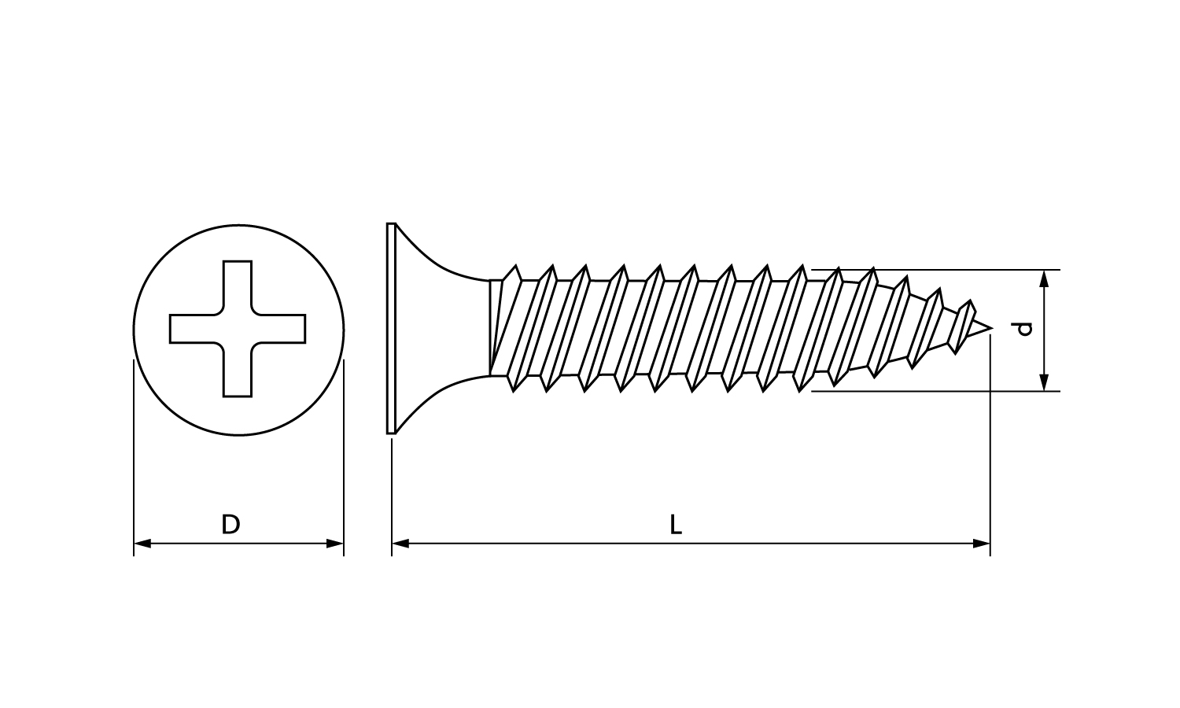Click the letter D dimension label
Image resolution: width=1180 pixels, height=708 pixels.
tap(230, 524)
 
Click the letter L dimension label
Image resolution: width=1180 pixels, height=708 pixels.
tap(676, 525)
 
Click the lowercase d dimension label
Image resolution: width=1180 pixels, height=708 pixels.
tap(1023, 329)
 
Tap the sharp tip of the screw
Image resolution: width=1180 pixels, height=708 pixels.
tap(992, 329)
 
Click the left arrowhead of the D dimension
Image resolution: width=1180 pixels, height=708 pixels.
tap(142, 543)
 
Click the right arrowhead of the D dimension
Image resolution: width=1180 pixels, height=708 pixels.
tap(335, 543)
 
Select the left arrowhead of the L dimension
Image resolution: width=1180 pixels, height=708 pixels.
tap(400, 543)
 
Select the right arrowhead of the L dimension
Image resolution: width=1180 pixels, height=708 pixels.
tap(982, 543)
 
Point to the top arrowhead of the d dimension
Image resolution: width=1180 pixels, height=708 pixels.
tap(1045, 278)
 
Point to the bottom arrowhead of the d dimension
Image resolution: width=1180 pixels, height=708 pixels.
tap(1045, 382)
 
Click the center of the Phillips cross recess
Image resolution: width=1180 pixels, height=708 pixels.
tap(238, 329)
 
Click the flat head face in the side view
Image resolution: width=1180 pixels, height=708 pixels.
tap(391, 329)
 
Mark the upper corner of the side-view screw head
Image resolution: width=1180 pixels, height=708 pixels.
tap(388, 224)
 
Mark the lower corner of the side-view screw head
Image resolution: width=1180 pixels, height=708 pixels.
tap(388, 433)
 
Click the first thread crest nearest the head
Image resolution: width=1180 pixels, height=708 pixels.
tap(516, 266)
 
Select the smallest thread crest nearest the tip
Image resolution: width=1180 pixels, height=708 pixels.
tap(969, 301)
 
